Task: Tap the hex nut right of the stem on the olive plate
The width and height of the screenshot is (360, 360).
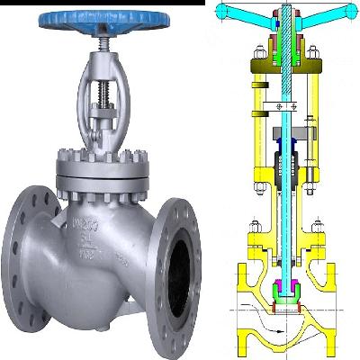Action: coord(311,51)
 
